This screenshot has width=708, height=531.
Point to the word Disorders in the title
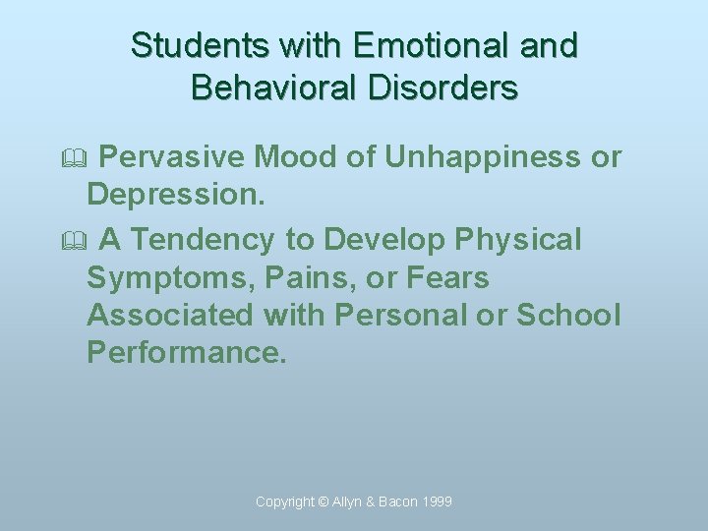tap(452, 88)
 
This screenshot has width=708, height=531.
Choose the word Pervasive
tap(173, 156)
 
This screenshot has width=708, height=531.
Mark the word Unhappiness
tap(483, 157)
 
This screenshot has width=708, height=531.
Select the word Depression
tap(176, 195)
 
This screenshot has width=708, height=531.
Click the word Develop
tap(385, 240)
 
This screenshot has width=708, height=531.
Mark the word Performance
tap(187, 352)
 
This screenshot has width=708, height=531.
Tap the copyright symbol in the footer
tap(324, 501)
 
